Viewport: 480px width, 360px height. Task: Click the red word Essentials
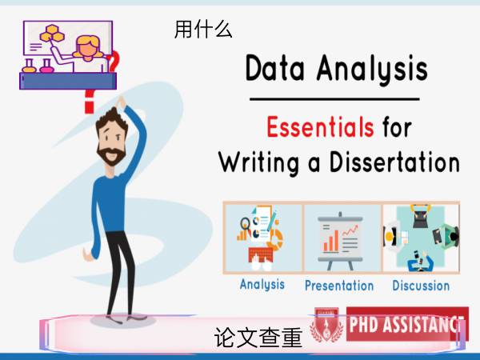320,126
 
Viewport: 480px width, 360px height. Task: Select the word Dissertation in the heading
394,162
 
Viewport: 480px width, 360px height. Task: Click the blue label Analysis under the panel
262,285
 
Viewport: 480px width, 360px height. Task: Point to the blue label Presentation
339,286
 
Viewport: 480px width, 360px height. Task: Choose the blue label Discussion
421,286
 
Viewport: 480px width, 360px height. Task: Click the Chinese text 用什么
203,30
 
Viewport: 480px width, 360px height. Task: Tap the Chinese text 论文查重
258,338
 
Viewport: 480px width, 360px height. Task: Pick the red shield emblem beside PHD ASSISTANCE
327,325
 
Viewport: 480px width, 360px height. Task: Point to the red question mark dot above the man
89,109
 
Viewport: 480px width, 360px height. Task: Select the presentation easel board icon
341,241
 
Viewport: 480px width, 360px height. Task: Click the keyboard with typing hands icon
261,258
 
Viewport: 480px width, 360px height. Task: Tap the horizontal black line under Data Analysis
334,99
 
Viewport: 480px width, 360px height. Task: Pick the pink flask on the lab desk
46,66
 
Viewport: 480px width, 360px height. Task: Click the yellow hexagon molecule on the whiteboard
52,34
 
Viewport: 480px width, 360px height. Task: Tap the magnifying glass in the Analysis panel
245,224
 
